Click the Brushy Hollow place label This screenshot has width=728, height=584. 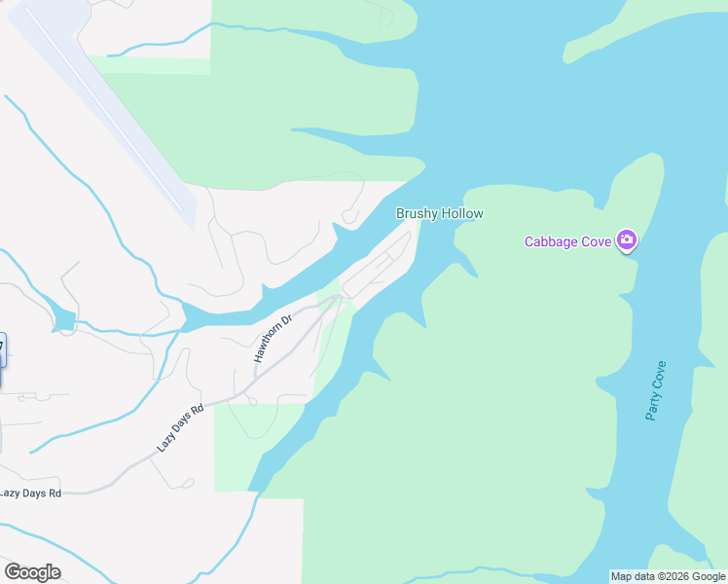[x=439, y=214]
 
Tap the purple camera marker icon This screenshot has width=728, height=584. [x=627, y=240]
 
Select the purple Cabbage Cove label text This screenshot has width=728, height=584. [x=569, y=241]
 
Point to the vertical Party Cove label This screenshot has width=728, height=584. [x=656, y=390]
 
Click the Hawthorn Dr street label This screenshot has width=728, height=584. [x=273, y=339]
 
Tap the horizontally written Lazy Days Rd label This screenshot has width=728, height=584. [x=30, y=493]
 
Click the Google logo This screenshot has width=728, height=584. [x=32, y=572]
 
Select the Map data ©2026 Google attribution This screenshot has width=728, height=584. [x=668, y=576]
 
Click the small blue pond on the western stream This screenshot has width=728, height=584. [x=64, y=320]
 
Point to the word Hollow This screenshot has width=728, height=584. [x=461, y=214]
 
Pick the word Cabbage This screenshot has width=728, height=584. [x=548, y=241]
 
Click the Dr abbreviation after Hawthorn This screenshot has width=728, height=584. [x=286, y=320]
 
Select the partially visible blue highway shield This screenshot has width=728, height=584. [x=2, y=350]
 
